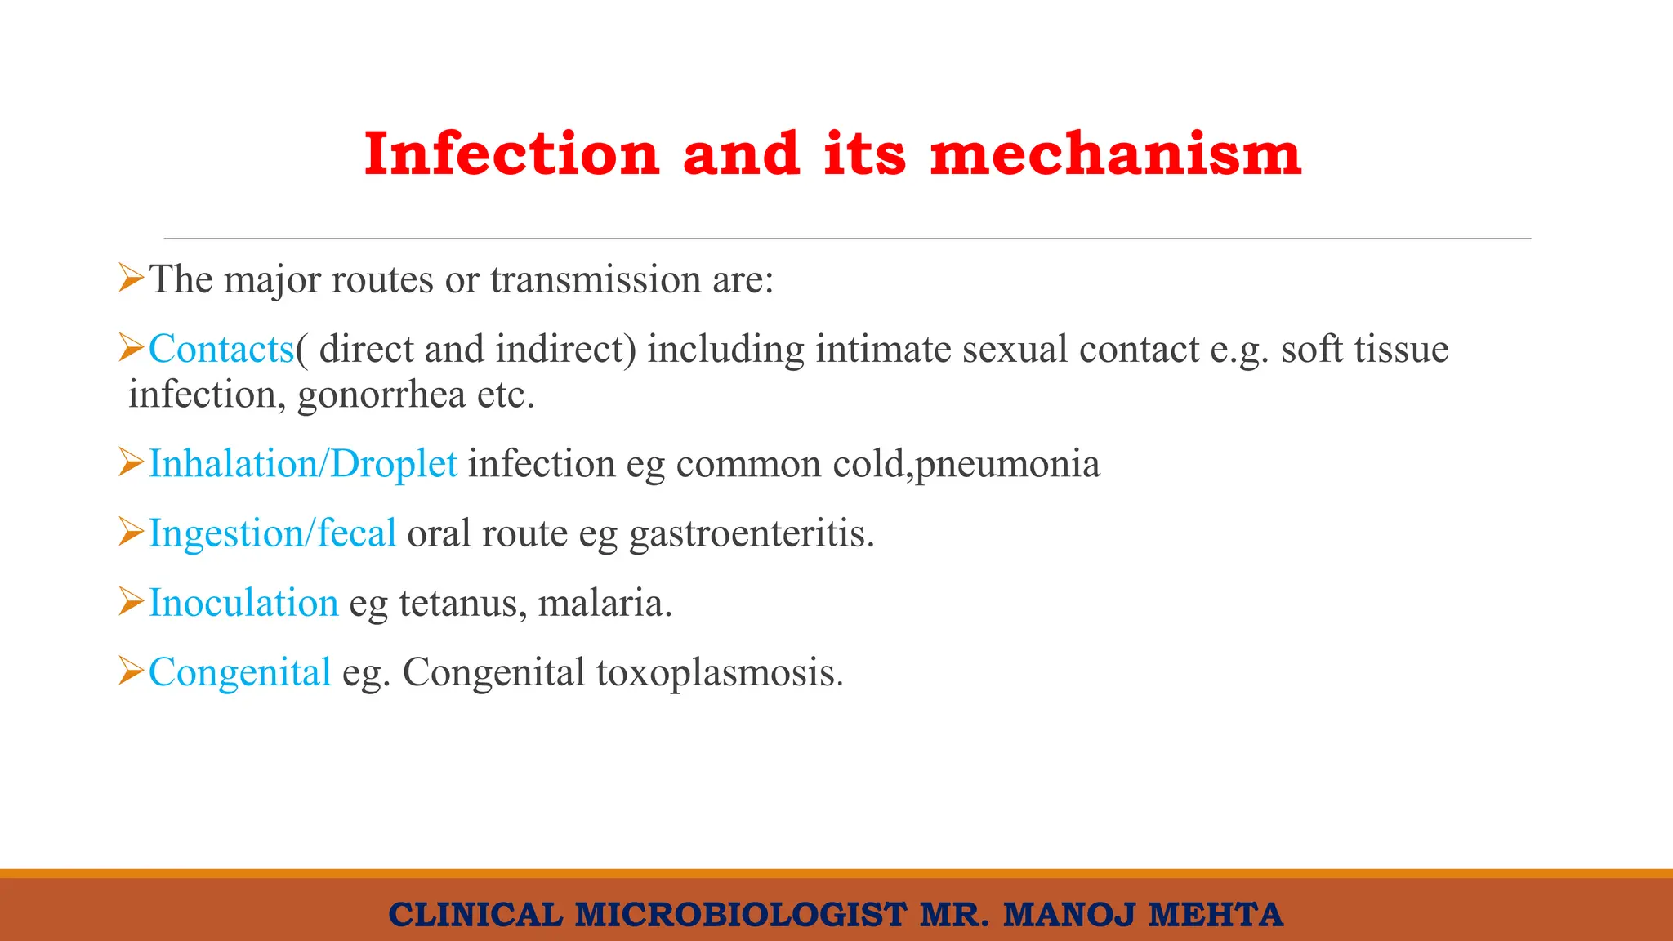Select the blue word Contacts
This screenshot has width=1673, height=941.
pyautogui.click(x=221, y=350)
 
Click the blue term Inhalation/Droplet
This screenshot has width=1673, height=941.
pyautogui.click(x=302, y=464)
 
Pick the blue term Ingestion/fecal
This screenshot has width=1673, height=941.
pyautogui.click(x=272, y=533)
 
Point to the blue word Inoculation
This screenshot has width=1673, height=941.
pyautogui.click(x=243, y=603)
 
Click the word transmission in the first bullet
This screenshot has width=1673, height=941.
pyautogui.click(x=595, y=279)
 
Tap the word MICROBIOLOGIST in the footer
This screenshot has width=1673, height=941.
pyautogui.click(x=741, y=915)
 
